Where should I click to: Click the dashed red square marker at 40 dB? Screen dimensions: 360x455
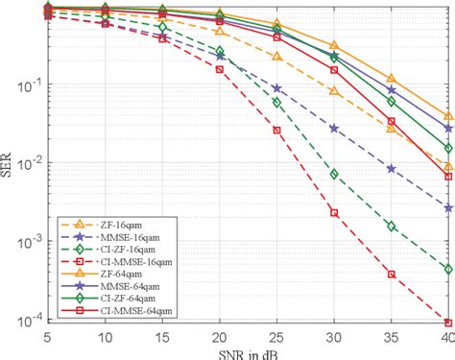448,323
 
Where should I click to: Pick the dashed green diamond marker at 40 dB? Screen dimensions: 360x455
448,269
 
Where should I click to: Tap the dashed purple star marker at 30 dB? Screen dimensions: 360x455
334,128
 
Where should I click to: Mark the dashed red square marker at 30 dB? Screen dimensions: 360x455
334,212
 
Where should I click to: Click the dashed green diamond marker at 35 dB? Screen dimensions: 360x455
391,226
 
